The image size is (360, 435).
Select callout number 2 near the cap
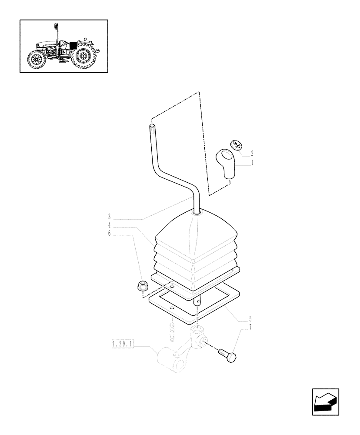[252, 153]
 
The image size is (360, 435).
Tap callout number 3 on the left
[110, 216]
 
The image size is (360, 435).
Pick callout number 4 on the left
[110, 225]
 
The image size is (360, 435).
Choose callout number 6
[110, 234]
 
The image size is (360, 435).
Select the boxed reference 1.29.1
[123, 345]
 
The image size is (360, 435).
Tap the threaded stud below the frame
[172, 329]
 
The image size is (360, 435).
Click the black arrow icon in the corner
[325, 402]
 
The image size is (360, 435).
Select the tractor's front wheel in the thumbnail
[37, 61]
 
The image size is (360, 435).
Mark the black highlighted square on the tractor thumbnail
[73, 45]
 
